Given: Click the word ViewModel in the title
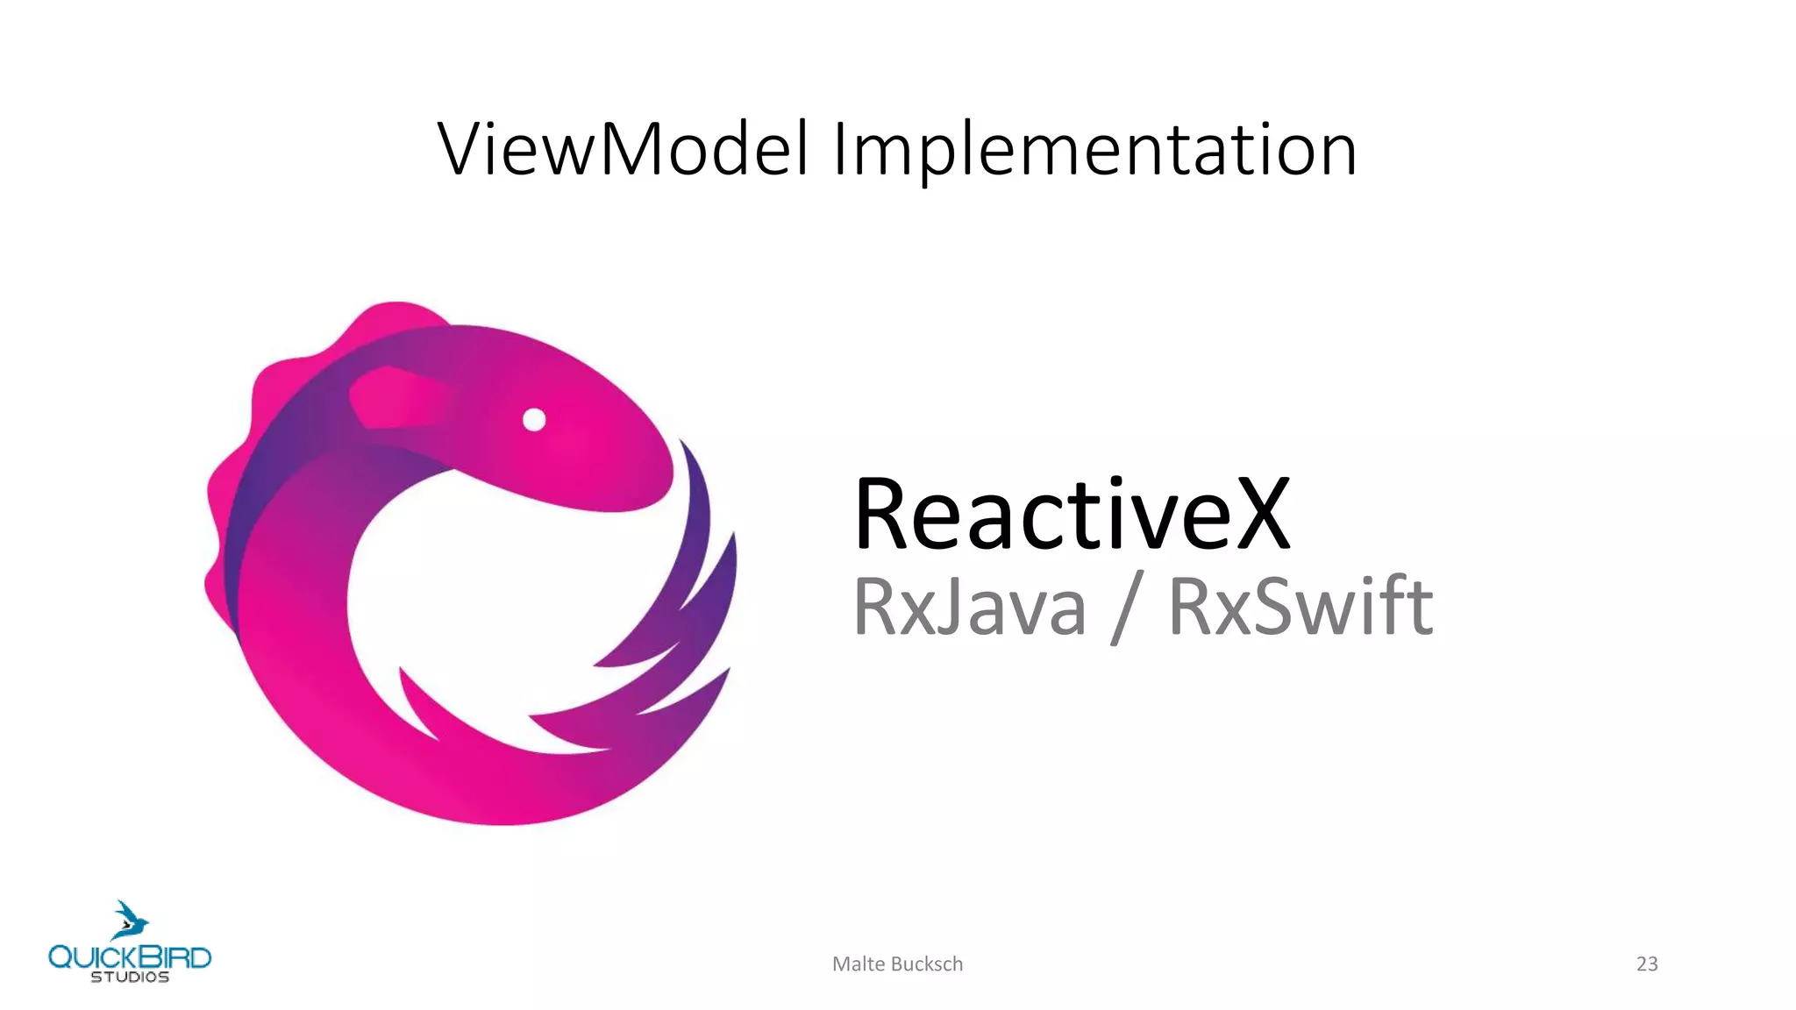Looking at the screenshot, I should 623,149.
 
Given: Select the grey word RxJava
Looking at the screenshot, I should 969,606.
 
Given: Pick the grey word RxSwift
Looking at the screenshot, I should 1301,606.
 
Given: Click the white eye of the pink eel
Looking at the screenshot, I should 534,420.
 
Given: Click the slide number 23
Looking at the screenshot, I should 1647,964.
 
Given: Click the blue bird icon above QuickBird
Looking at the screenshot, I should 130,920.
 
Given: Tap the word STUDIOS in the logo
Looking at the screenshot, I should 130,977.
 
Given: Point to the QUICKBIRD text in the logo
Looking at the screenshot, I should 130,957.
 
